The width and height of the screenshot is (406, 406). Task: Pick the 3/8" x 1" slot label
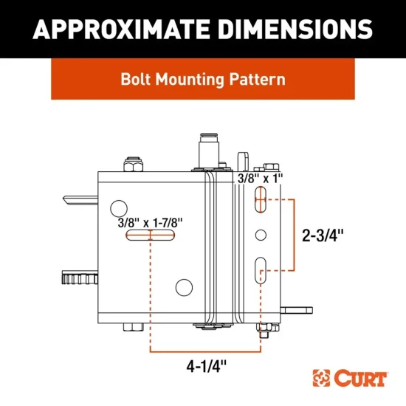tap(258, 179)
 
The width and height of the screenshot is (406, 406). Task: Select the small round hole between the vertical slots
tap(260, 235)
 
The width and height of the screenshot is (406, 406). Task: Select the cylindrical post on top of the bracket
tap(207, 151)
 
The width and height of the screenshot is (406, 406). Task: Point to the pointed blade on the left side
tap(79, 199)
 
